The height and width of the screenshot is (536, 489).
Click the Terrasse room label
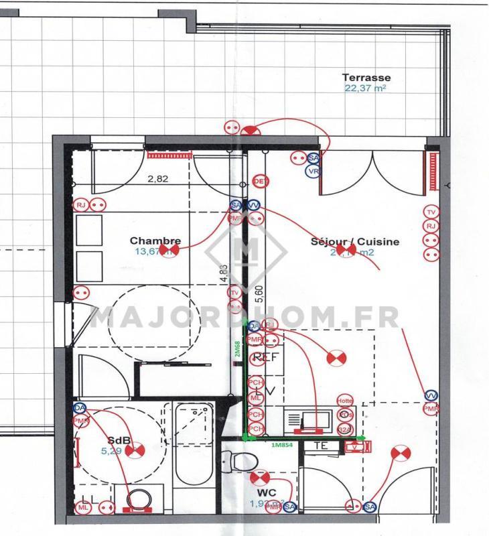click(366, 78)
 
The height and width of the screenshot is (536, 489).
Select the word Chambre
click(155, 241)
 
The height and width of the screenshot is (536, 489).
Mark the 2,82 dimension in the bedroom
click(157, 179)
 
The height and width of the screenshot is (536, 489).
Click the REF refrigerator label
click(265, 358)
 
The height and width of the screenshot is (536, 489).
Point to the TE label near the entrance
click(320, 446)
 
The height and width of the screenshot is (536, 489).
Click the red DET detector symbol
click(260, 182)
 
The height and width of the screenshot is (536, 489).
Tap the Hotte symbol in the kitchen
click(345, 401)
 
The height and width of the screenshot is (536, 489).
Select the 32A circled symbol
click(345, 429)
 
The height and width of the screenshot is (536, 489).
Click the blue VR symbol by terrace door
click(312, 172)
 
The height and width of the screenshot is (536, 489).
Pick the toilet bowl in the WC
click(240, 462)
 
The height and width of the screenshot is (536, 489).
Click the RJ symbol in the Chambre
click(81, 205)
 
